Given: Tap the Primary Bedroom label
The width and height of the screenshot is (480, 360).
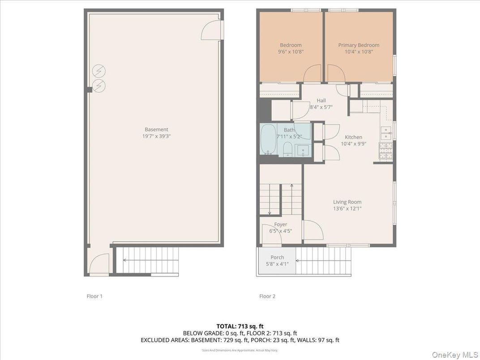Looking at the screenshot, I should (x=359, y=45).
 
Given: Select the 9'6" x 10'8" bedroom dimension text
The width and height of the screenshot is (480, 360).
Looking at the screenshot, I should (x=291, y=51).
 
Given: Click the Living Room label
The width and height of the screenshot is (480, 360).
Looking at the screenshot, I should (x=347, y=202).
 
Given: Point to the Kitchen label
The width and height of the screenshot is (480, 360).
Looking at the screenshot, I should (x=353, y=137).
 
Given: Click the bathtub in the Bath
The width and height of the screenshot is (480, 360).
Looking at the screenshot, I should (x=268, y=139).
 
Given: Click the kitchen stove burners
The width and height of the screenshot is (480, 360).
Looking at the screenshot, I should (x=386, y=151).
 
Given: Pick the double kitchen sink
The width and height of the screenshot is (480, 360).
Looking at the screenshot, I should (x=386, y=133).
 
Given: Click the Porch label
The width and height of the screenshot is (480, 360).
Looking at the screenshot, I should (x=277, y=257).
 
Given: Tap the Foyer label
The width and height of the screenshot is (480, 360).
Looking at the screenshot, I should (x=281, y=224).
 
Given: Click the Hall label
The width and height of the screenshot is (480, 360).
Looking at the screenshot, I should (x=321, y=101).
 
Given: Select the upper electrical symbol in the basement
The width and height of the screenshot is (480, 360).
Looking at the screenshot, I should (x=99, y=71).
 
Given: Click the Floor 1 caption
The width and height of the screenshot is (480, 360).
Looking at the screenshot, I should (x=94, y=296).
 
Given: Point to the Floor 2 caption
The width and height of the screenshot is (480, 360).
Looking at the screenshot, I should (x=267, y=296).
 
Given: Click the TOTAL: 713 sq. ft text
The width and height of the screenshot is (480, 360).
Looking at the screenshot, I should (x=240, y=326).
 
